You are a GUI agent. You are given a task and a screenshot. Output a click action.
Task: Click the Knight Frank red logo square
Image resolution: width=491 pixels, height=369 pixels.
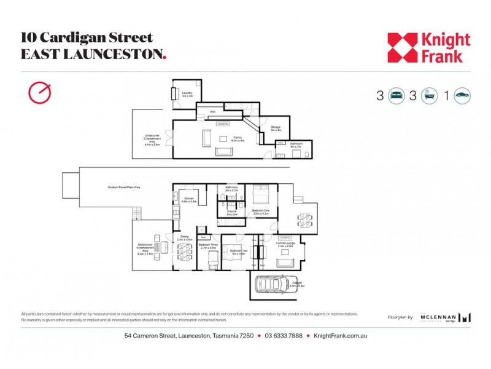pyautogui.click(x=402, y=47)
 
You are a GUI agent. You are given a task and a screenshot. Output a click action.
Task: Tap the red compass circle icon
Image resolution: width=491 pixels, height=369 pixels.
pyautogui.click(x=39, y=92)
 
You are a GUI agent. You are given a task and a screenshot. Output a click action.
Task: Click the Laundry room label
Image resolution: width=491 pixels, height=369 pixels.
pyautogui.click(x=187, y=94)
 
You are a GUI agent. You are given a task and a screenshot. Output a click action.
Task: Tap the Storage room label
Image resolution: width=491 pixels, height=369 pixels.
pyautogui.click(x=276, y=128)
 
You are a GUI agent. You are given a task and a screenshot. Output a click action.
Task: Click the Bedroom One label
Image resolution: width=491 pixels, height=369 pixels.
pyautogui.click(x=261, y=212)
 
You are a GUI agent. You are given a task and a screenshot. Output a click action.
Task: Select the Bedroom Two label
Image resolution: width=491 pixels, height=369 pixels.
pyautogui.click(x=238, y=251)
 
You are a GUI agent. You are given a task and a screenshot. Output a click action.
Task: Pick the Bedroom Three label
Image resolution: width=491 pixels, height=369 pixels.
pyautogui.click(x=209, y=246)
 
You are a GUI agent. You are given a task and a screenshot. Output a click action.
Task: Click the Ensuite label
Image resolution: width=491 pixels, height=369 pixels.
pyautogui.click(x=232, y=212)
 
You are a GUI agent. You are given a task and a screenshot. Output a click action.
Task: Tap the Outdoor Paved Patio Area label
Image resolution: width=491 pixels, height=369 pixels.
pyautogui.click(x=124, y=188)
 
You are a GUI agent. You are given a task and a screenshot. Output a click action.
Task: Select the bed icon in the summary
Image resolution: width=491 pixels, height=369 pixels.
pyautogui.click(x=396, y=96)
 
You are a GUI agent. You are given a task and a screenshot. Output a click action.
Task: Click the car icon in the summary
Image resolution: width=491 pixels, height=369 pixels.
pyautogui.click(x=463, y=96)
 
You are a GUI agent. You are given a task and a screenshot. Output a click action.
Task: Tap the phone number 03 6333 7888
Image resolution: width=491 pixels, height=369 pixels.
pyautogui.click(x=284, y=336)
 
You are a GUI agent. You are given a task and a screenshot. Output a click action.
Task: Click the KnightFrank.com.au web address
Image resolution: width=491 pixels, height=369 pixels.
pyautogui.click(x=340, y=336)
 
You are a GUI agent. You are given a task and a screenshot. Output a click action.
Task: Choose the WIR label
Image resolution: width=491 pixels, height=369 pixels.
pyautogui.click(x=212, y=112)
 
